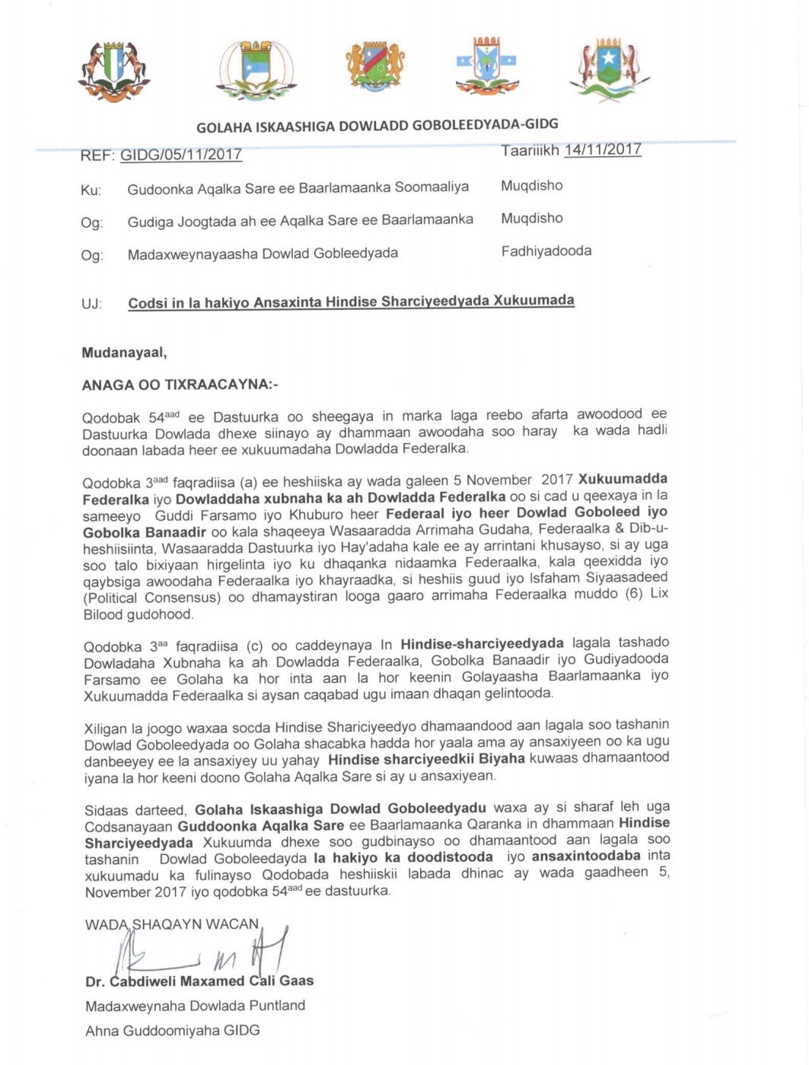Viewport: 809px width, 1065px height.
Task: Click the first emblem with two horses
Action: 113,71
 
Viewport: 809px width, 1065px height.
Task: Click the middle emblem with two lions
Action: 375,68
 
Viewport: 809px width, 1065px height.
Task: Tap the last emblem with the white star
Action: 609,71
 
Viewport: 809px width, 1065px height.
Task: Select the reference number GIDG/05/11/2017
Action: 180,155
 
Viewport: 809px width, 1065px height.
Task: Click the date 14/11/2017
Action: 603,149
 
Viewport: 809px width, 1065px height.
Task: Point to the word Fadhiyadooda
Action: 546,250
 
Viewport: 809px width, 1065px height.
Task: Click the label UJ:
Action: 91,304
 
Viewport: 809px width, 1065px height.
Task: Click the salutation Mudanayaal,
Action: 124,352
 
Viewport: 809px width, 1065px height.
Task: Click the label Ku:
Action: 91,190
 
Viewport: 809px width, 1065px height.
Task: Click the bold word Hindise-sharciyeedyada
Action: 483,643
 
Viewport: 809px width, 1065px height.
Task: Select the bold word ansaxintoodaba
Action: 586,856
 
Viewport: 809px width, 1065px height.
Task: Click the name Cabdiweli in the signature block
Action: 143,981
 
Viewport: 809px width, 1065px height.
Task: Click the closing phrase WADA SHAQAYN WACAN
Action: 172,924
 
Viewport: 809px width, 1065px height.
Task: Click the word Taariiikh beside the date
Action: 530,151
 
